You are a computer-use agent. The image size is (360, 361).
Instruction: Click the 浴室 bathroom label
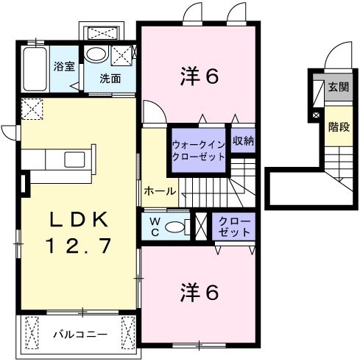(x=64, y=66)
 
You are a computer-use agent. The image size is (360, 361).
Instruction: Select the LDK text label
(x=80, y=220)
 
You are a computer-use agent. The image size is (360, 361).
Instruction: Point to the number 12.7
(x=80, y=246)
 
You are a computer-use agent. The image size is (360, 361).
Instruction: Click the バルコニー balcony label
(x=79, y=335)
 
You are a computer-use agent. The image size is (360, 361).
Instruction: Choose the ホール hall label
(x=160, y=191)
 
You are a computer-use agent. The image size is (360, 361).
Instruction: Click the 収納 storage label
(x=243, y=140)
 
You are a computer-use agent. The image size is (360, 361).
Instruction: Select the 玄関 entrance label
(x=338, y=87)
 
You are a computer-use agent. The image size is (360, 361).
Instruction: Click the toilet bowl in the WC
(x=175, y=227)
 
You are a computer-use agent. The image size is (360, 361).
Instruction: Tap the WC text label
(x=155, y=226)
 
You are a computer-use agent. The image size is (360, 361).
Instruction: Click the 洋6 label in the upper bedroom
(x=200, y=76)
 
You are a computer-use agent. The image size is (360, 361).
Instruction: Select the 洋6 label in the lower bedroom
(x=200, y=292)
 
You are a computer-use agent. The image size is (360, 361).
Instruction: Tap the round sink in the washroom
(x=95, y=54)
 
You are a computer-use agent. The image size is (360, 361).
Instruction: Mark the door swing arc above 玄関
(x=336, y=54)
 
